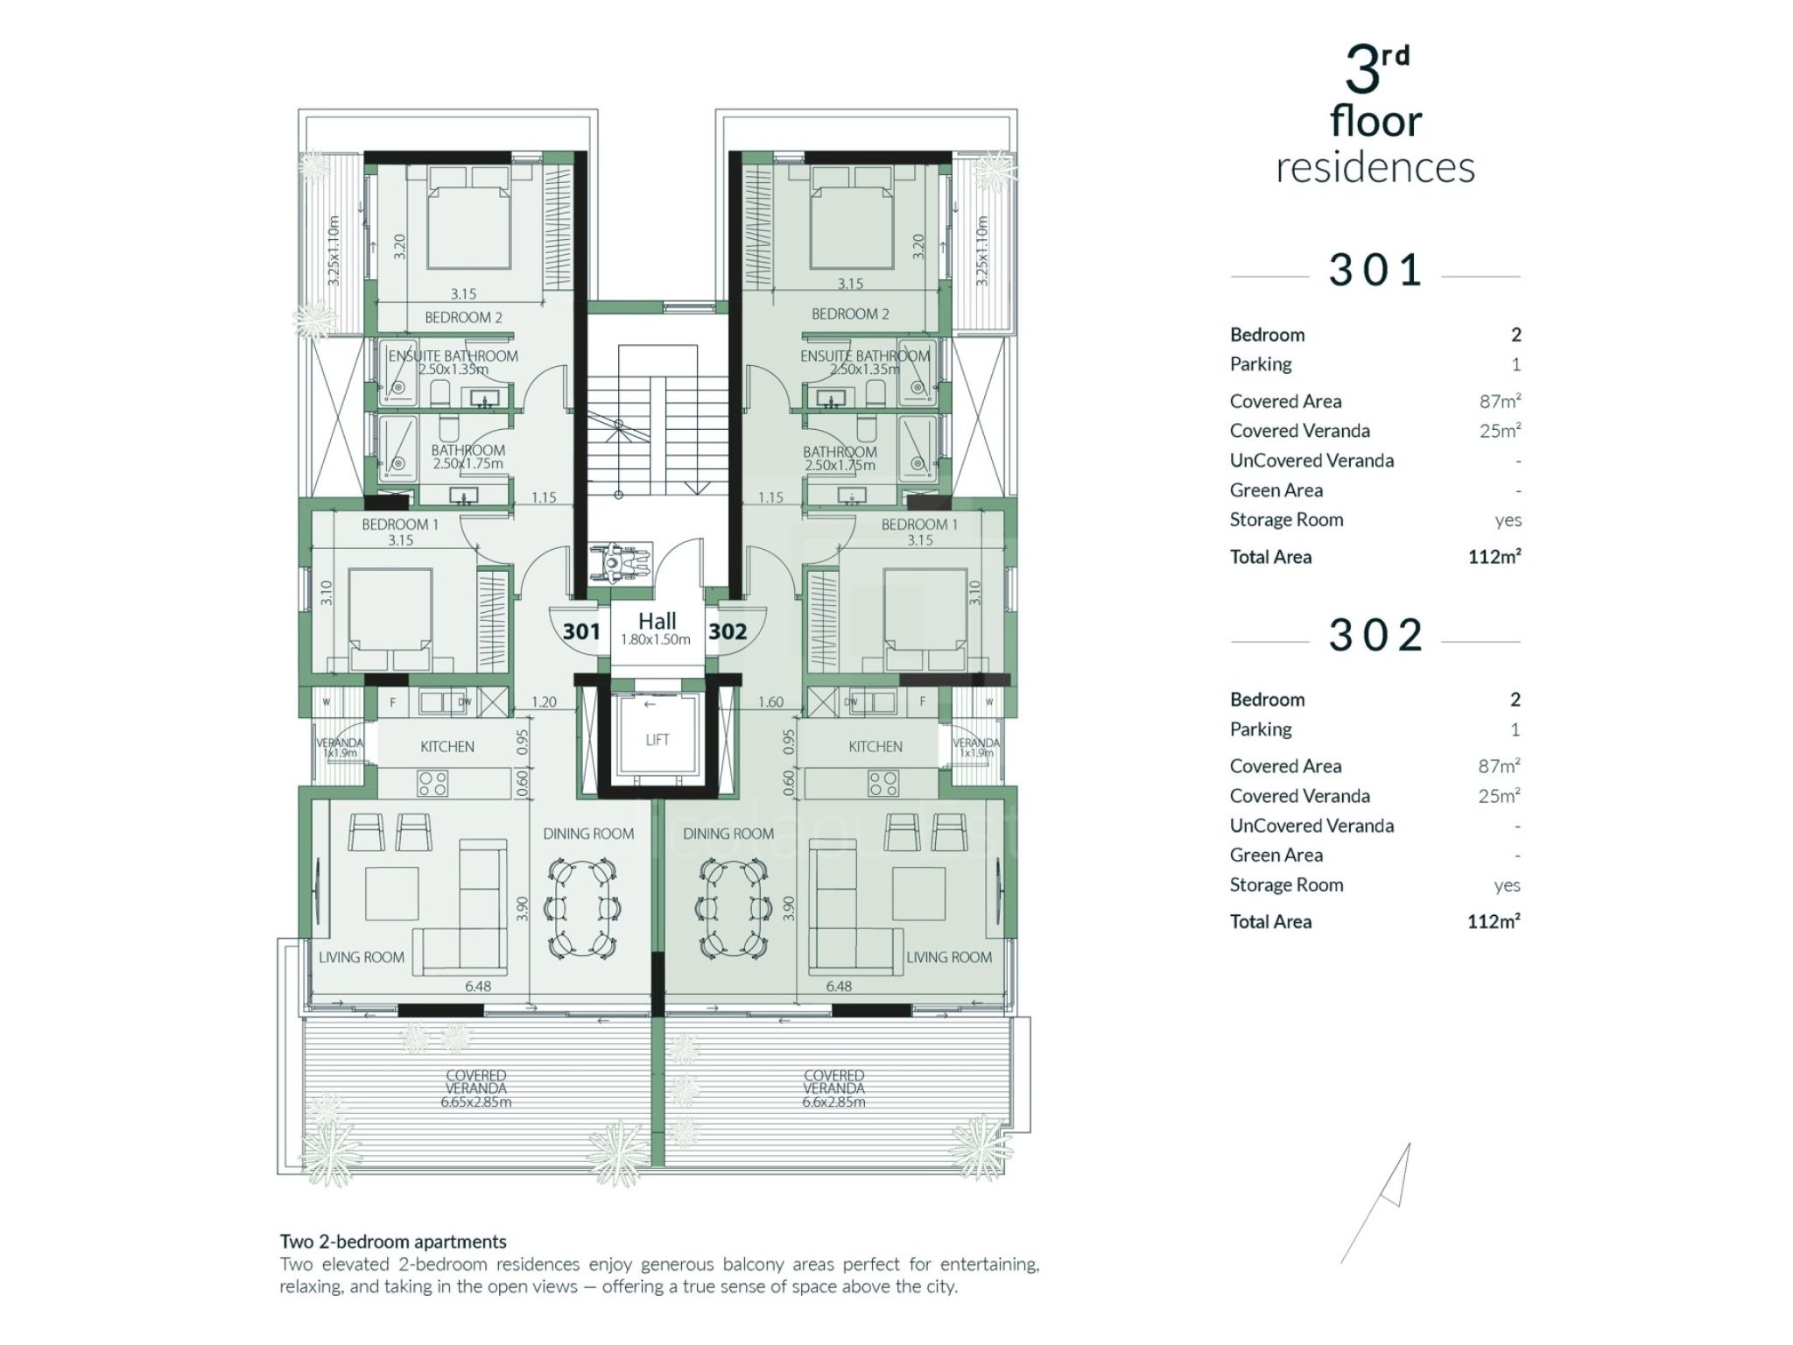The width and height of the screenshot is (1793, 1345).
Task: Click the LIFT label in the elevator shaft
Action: pyautogui.click(x=657, y=740)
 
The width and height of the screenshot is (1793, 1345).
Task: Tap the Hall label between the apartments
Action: pyautogui.click(x=657, y=621)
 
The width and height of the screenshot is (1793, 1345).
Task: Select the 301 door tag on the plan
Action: pyautogui.click(x=581, y=631)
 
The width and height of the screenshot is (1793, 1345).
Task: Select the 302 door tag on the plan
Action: pyautogui.click(x=728, y=631)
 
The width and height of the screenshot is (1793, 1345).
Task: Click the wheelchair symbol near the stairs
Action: pyautogui.click(x=620, y=560)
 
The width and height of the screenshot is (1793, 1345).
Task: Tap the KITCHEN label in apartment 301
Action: pyautogui.click(x=447, y=747)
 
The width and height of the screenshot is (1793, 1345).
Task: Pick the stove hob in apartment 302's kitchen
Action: pyautogui.click(x=883, y=783)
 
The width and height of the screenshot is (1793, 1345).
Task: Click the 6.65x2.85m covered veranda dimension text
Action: pyautogui.click(x=476, y=1102)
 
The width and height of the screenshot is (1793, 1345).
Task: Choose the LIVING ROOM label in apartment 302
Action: pyautogui.click(x=949, y=958)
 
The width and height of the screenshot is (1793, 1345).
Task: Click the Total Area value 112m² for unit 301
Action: pyautogui.click(x=1494, y=557)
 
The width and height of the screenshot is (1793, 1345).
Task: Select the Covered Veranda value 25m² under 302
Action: pyautogui.click(x=1500, y=796)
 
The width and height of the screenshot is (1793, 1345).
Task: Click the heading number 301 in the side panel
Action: pyautogui.click(x=1375, y=270)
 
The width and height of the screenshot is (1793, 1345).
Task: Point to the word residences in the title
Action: pyautogui.click(x=1375, y=167)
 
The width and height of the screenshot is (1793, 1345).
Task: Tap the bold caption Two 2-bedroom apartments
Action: pyautogui.click(x=393, y=1242)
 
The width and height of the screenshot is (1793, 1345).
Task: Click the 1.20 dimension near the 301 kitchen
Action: pyautogui.click(x=544, y=702)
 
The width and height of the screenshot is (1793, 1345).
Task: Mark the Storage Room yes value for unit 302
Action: pyautogui.click(x=1508, y=885)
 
